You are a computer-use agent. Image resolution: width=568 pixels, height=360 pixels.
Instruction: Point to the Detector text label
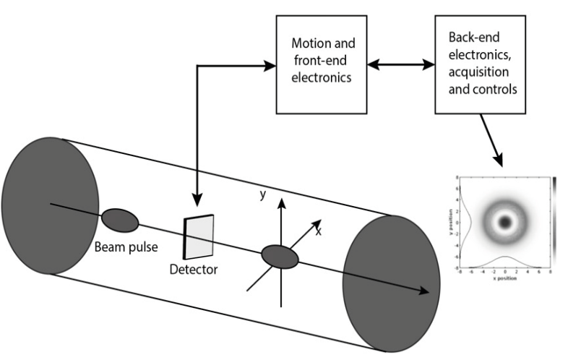pos(193,269)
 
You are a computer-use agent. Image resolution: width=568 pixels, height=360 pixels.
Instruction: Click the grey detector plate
pos(197,236)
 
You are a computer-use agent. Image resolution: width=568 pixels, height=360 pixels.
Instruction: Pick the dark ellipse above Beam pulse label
pos(120,220)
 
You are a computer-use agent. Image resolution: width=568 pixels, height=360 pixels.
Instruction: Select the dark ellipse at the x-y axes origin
pos(279,255)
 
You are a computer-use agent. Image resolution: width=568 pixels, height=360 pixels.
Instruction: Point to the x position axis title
pos(504,279)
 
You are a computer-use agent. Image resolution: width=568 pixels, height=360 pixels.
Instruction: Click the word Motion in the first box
pos(307,44)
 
